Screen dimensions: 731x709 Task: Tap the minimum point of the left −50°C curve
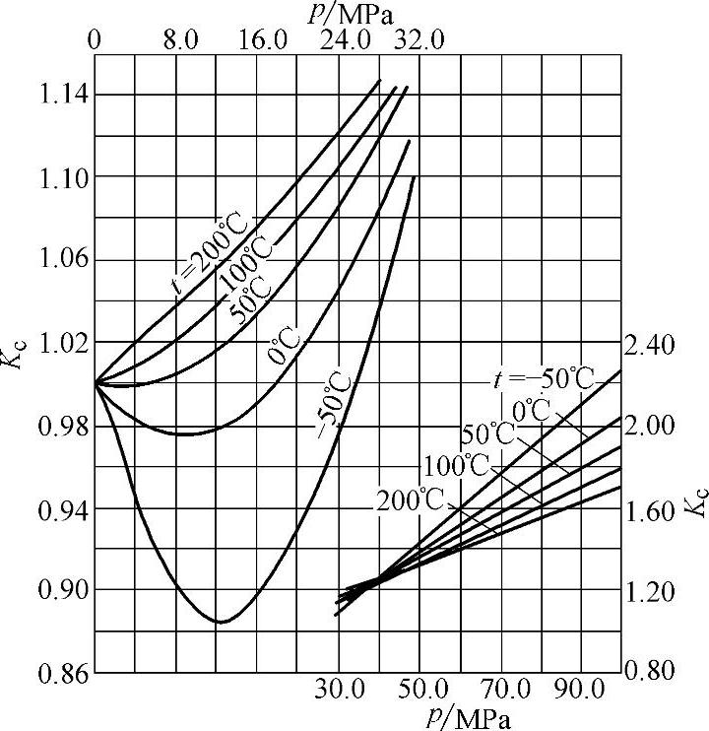[221, 622]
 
